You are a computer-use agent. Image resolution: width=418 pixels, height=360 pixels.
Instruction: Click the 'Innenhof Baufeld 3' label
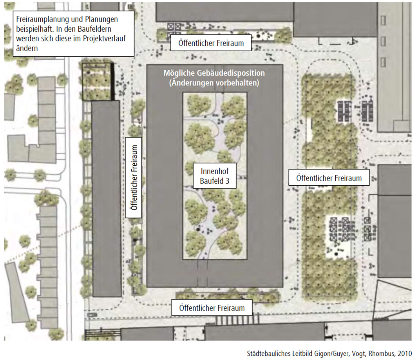[x=215, y=176]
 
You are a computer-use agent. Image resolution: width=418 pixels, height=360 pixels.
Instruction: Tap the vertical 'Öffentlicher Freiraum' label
[x=134, y=177]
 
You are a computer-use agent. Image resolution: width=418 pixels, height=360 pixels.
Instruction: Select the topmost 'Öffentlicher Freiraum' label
[x=211, y=43]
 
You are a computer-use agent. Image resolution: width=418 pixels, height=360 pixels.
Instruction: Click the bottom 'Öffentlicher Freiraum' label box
[x=212, y=308]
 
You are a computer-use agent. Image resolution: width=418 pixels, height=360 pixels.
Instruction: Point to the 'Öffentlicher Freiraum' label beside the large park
[x=329, y=178]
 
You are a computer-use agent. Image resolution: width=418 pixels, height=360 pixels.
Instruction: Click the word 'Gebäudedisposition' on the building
[x=231, y=73]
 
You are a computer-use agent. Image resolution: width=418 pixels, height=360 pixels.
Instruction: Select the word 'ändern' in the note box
[x=27, y=48]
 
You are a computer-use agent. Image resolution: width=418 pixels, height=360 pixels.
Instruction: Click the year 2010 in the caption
[x=405, y=354]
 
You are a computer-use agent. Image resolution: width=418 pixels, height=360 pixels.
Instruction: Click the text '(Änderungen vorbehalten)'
[x=214, y=83]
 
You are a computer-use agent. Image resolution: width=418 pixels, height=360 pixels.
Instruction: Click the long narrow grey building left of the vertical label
[x=106, y=199]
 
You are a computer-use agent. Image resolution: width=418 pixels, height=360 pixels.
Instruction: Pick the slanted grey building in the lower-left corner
[x=18, y=292]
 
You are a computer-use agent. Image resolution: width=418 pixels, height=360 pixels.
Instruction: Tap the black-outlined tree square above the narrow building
[x=98, y=81]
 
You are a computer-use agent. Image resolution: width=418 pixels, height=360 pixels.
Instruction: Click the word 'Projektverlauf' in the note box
[x=104, y=39]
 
